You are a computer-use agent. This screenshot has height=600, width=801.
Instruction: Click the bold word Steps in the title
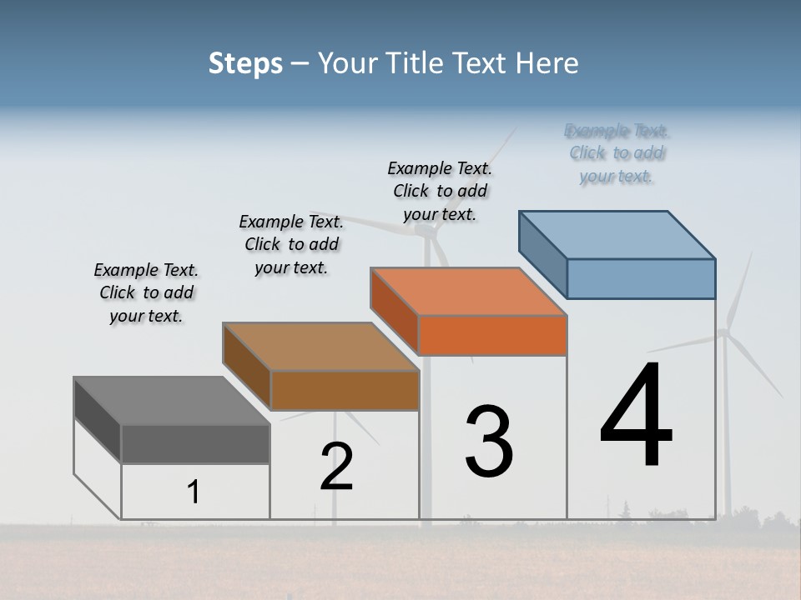tap(245, 63)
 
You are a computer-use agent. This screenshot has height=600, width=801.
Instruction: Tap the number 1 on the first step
tap(194, 492)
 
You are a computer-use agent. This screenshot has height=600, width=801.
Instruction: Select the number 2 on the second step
tap(337, 467)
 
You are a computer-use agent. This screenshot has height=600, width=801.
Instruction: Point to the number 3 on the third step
tap(489, 442)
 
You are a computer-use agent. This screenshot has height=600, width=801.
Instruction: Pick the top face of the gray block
tap(172, 401)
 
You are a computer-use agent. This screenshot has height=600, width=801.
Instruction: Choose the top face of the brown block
tap(320, 347)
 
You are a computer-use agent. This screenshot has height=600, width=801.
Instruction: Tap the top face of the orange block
tap(469, 292)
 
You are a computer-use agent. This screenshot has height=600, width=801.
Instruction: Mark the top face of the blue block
tap(617, 235)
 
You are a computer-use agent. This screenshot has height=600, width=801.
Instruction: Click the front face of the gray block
tap(195, 444)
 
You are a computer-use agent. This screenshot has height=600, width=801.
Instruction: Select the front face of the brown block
tap(345, 390)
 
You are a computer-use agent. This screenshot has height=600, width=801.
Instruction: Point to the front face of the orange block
tap(492, 336)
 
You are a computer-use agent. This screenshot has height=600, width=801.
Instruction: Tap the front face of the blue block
tap(641, 278)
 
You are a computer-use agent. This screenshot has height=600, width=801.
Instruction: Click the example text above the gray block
tap(146, 292)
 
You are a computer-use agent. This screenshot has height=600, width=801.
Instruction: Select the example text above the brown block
tap(291, 244)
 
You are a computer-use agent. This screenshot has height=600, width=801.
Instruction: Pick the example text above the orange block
tap(440, 191)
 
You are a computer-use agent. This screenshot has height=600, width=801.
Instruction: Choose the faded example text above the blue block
tap(617, 153)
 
